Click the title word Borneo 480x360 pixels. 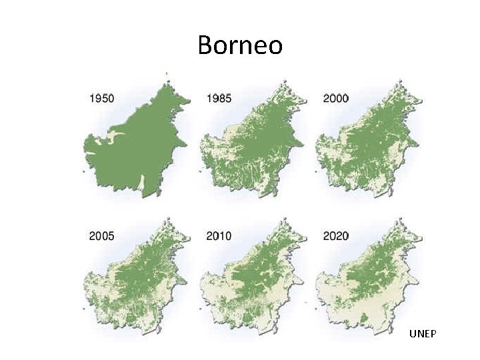pyautogui.click(x=240, y=45)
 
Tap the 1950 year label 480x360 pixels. pyautogui.click(x=101, y=99)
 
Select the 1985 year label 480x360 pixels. pyautogui.click(x=219, y=99)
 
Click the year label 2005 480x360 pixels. pyautogui.click(x=101, y=236)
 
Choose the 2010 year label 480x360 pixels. pyautogui.click(x=219, y=236)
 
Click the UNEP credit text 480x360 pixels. pyautogui.click(x=423, y=333)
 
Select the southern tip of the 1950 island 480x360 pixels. pyautogui.click(x=155, y=194)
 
